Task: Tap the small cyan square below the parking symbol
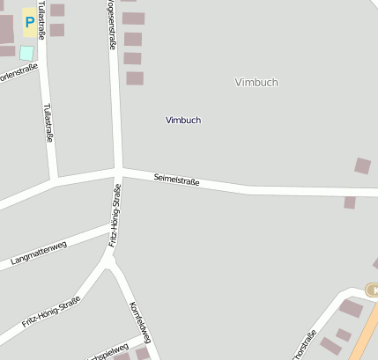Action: pyautogui.click(x=26, y=53)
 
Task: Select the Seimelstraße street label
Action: pyautogui.click(x=176, y=180)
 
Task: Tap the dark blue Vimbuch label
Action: pyautogui.click(x=183, y=120)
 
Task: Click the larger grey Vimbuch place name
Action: pyautogui.click(x=256, y=82)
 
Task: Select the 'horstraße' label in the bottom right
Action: pyautogui.click(x=304, y=346)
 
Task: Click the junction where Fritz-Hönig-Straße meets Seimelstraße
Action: pyautogui.click(x=117, y=169)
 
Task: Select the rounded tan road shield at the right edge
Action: pyautogui.click(x=372, y=290)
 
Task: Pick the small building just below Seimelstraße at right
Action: pyautogui.click(x=350, y=202)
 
